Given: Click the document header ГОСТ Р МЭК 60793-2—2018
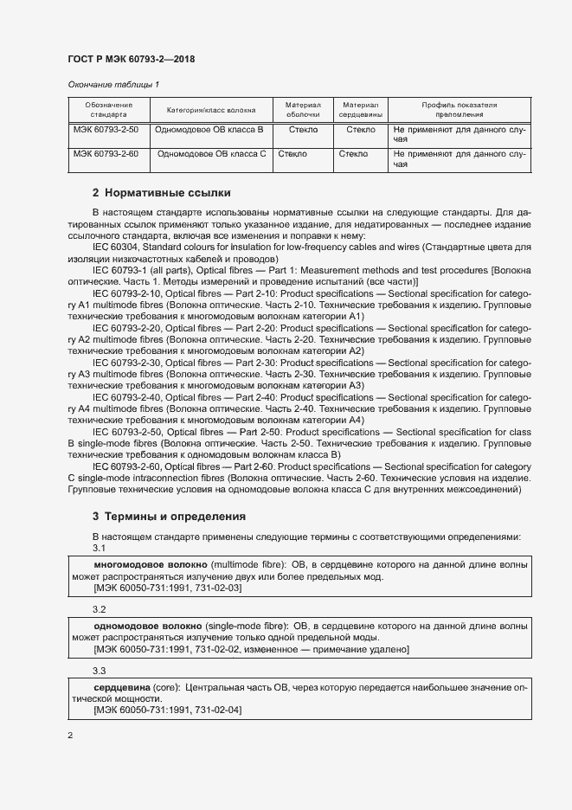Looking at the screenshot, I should tap(131, 60).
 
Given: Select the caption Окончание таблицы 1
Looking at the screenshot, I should tap(113, 84).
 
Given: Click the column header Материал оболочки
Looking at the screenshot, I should tap(303, 109).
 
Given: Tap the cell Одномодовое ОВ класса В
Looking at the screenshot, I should tap(208, 130).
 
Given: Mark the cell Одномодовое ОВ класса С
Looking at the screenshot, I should tap(210, 154).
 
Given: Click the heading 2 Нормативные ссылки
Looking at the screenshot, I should tap(161, 192).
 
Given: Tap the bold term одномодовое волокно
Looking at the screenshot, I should tap(147, 624).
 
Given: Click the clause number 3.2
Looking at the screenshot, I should tap(99, 608).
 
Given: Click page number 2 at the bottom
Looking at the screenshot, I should tap(70, 736).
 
